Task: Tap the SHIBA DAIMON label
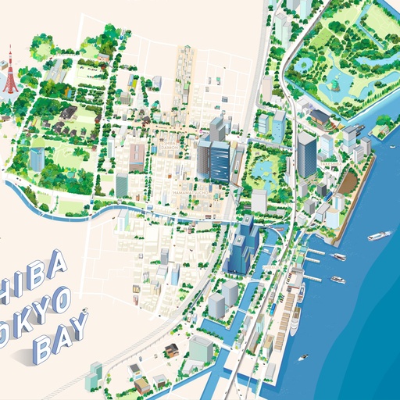point(170,145)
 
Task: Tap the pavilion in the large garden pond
point(335,80)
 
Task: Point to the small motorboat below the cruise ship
point(303,356)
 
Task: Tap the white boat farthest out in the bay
point(379,234)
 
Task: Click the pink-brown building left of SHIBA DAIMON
point(137,156)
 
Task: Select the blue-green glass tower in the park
point(37,159)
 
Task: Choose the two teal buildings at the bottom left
point(95,370)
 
